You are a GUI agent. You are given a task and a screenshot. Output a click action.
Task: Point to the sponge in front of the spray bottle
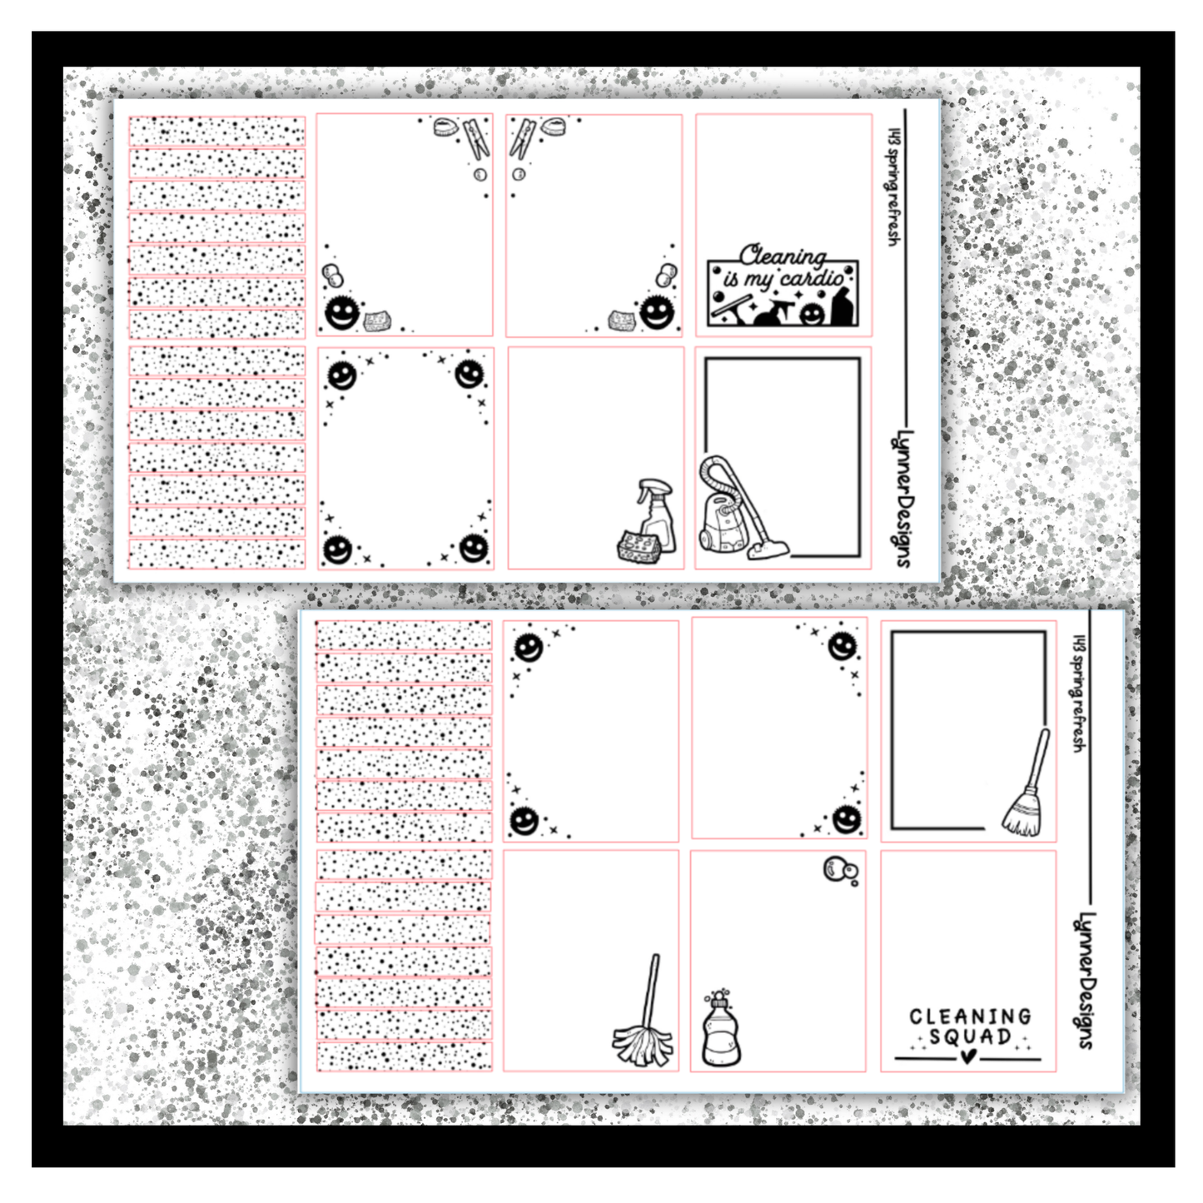click(638, 547)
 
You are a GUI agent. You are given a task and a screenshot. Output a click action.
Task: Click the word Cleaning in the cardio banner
click(783, 256)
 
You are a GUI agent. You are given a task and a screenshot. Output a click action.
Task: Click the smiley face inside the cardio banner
click(811, 314)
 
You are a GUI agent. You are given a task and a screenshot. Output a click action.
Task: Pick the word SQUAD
click(970, 1037)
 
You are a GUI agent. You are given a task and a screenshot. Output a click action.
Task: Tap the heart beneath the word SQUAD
click(967, 1056)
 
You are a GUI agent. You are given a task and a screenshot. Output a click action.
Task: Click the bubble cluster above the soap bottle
click(840, 870)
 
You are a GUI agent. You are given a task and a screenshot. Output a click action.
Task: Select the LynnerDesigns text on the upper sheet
click(902, 498)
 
